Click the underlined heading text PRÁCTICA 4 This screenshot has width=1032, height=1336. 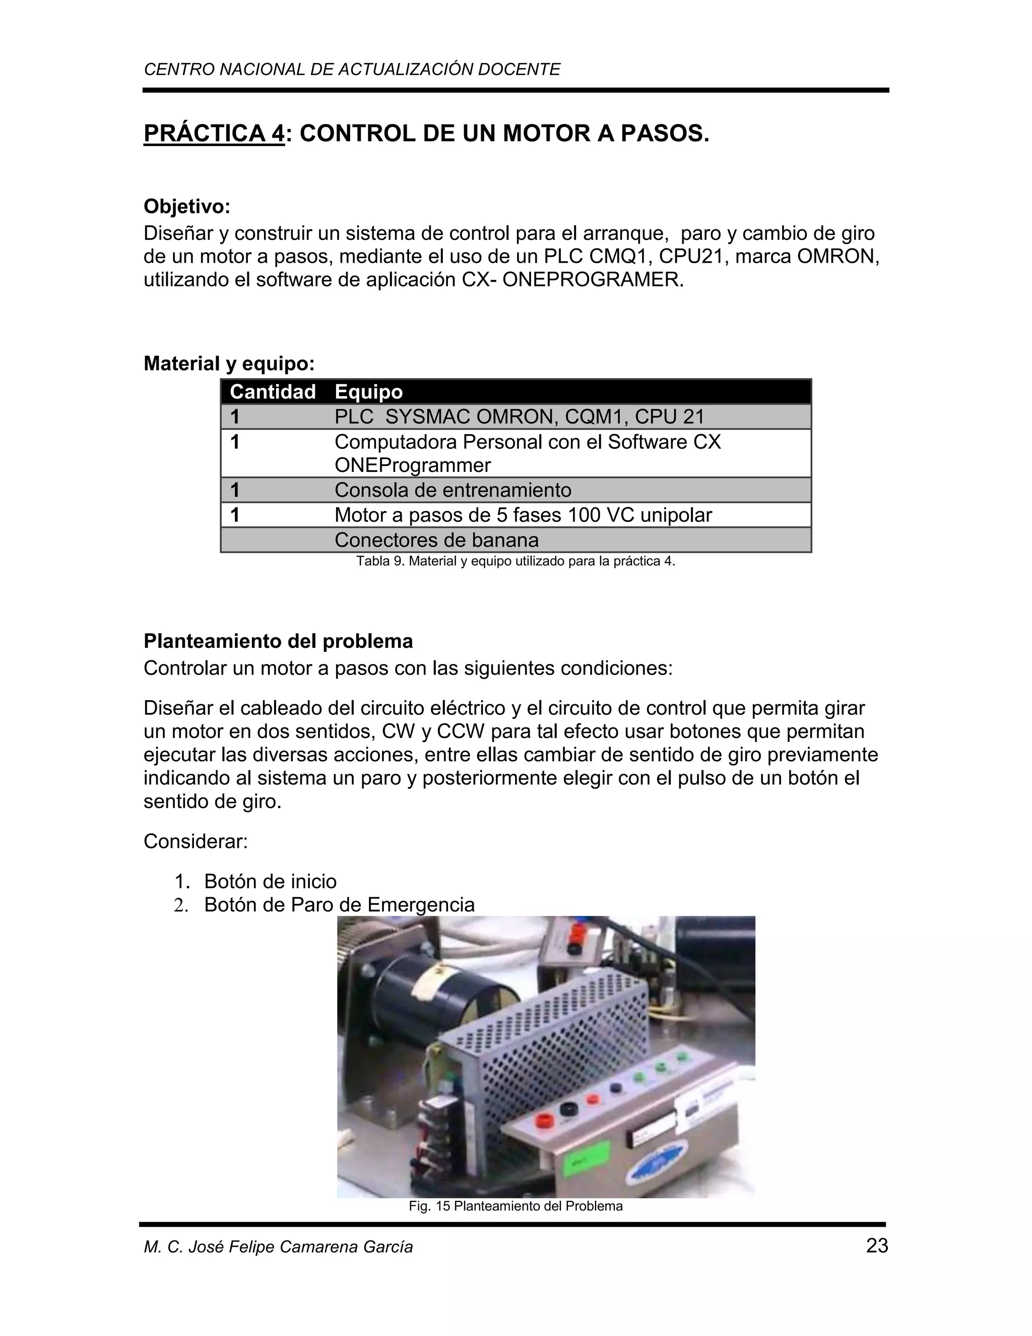214,134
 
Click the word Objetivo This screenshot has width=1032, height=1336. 186,207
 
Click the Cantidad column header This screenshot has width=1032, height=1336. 273,392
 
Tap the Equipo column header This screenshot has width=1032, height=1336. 369,392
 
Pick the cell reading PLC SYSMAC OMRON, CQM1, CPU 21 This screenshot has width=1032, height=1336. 519,416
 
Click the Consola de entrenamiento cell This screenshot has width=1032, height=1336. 453,490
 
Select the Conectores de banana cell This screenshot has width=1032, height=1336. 436,540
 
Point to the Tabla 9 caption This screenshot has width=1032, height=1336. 515,562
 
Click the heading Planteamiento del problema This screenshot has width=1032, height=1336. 278,641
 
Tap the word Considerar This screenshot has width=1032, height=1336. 196,841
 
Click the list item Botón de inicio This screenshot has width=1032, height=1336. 270,881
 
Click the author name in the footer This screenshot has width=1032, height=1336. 278,1247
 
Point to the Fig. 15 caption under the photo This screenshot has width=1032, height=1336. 515,1206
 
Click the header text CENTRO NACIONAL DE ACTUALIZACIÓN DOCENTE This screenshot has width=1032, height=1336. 352,70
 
